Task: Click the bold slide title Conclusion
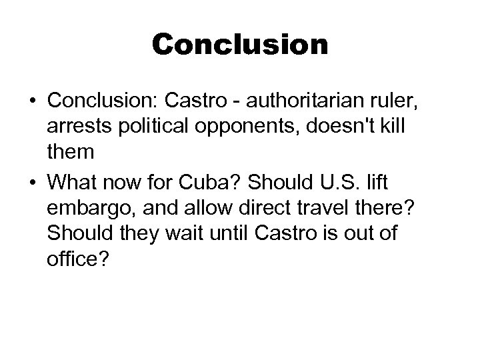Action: click(x=240, y=45)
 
